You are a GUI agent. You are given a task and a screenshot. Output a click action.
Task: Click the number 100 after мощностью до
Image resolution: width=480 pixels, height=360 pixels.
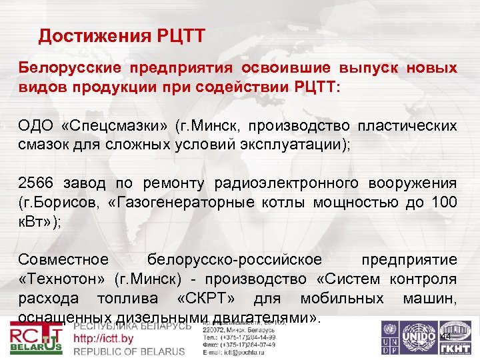[444, 202]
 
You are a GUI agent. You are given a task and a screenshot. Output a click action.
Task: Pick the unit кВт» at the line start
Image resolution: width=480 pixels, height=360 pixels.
[37, 221]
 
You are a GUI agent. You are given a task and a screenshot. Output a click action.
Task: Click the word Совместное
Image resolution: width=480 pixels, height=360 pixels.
[63, 259]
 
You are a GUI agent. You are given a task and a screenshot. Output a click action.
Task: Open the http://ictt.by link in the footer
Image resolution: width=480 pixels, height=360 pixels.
[103, 339]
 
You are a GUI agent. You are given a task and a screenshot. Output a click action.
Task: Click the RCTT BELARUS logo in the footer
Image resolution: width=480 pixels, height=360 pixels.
[37, 339]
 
